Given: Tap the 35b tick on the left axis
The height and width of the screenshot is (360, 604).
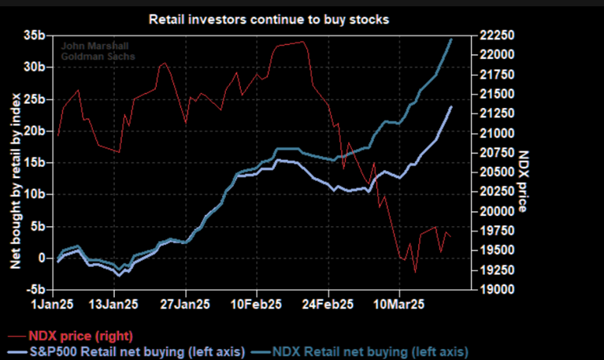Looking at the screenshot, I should pos(33,36).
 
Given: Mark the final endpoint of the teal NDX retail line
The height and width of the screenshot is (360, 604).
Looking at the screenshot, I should pos(450,38).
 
